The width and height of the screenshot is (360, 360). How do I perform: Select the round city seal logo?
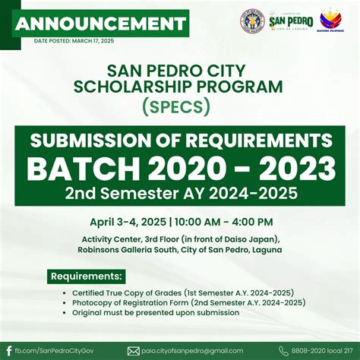253,21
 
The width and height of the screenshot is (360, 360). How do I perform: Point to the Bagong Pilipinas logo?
330,21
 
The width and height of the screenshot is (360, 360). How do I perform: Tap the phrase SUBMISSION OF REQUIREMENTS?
180,141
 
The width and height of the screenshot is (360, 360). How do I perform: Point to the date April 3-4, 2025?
127,222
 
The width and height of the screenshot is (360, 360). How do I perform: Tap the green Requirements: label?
87,275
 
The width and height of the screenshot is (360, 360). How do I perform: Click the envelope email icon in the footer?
134,350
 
